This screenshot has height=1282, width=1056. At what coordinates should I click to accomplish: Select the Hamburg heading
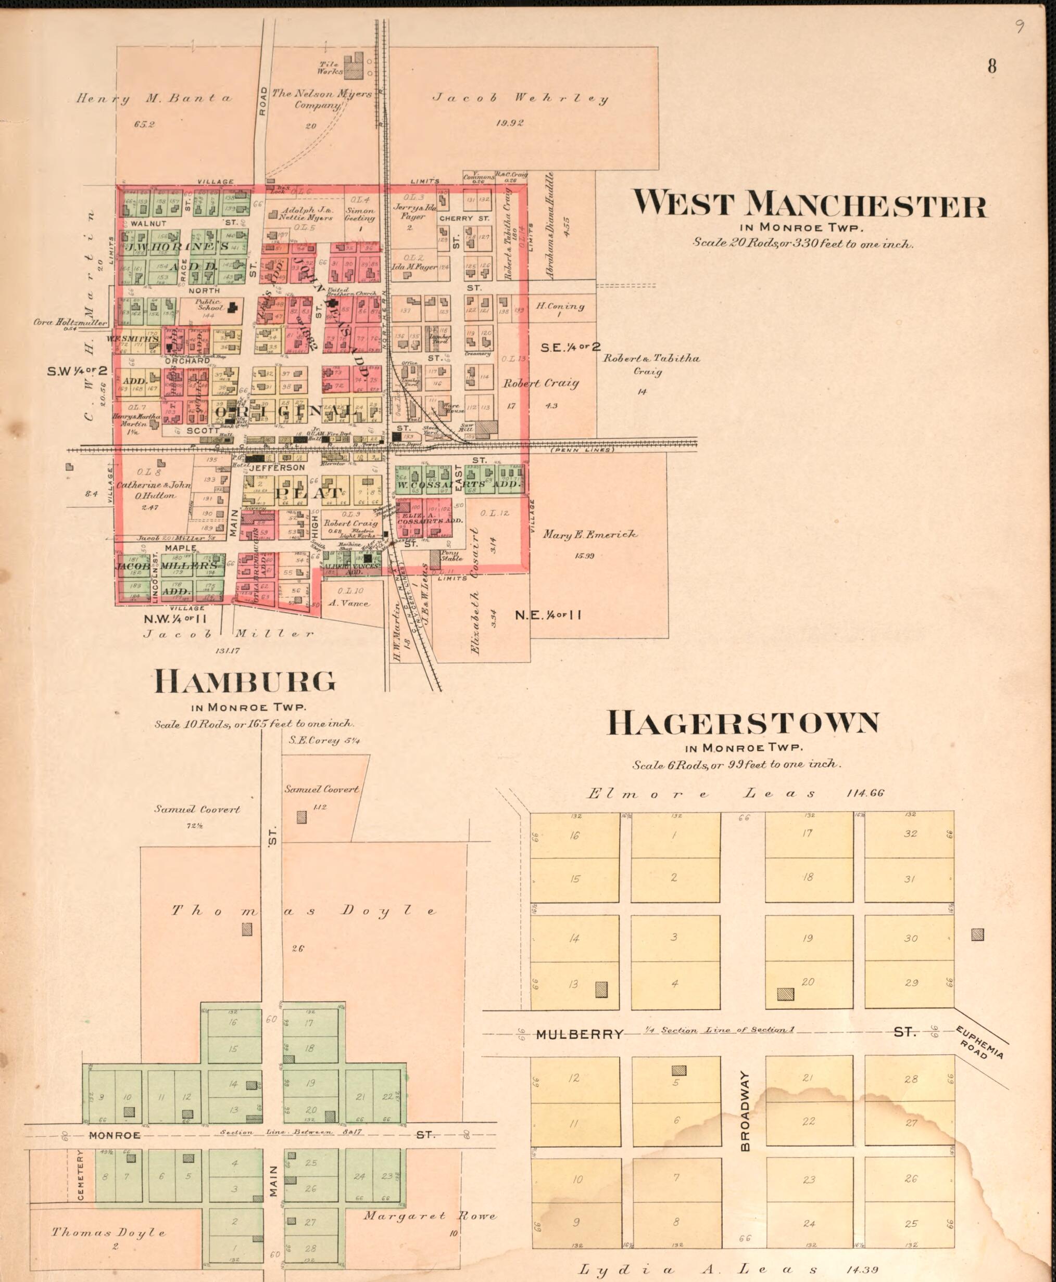click(245, 682)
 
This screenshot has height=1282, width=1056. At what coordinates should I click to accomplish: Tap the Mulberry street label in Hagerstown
click(579, 608)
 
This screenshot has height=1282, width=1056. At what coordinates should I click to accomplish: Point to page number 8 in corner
click(991, 66)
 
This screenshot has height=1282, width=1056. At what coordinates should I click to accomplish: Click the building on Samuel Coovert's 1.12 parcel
click(301, 816)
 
